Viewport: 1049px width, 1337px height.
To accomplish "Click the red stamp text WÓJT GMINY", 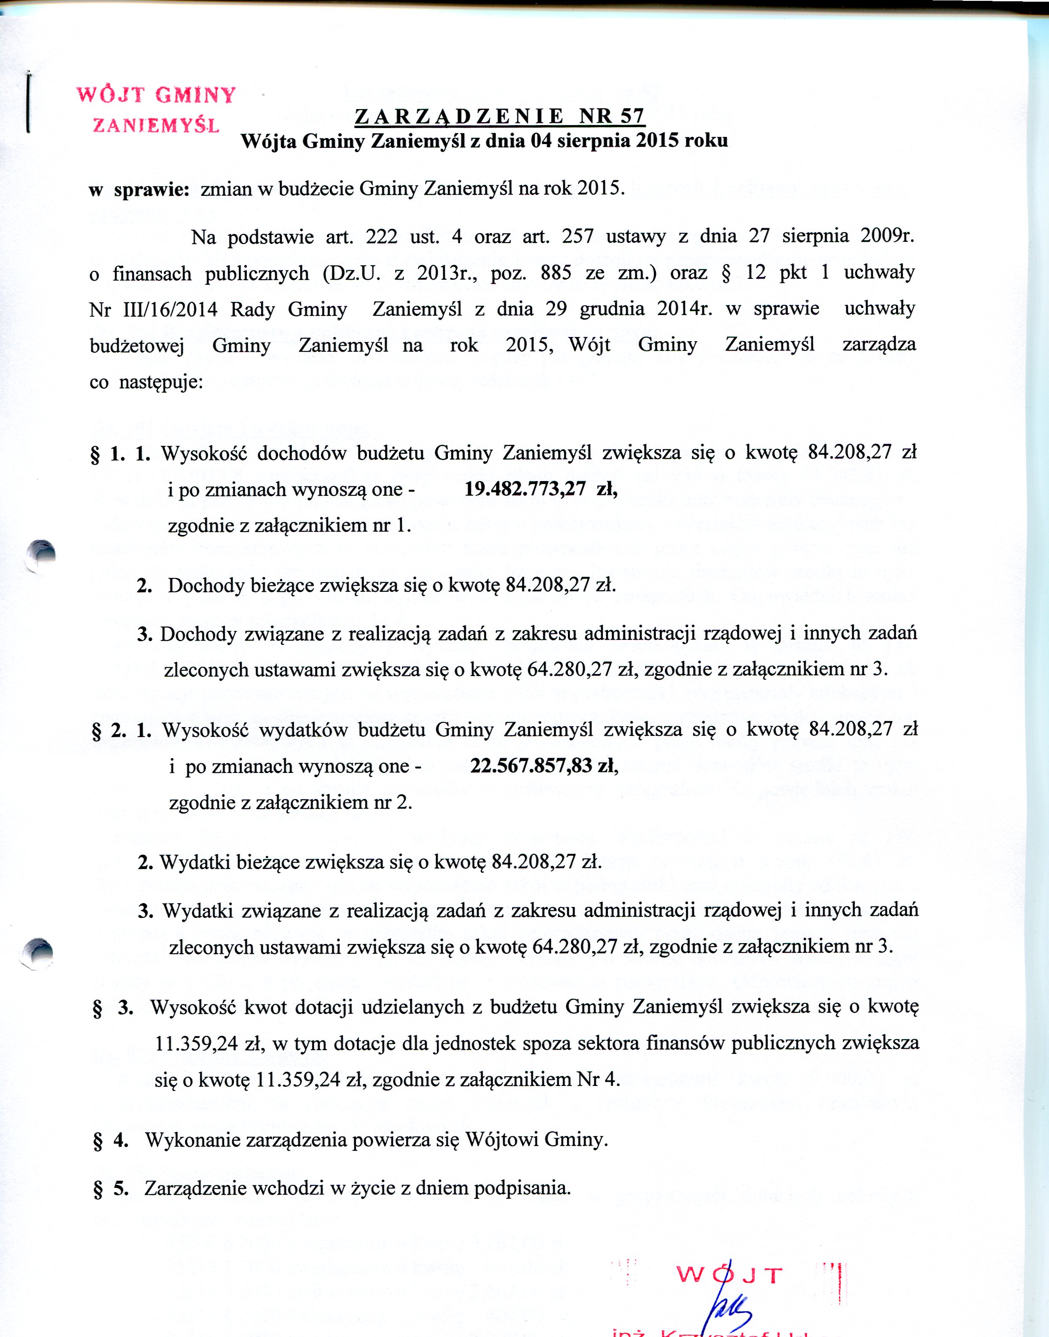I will click(156, 95).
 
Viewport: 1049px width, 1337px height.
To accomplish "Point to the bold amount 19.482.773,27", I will click(525, 489).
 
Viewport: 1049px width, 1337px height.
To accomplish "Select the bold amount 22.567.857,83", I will click(531, 766).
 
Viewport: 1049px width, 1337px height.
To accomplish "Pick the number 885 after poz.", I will click(556, 273).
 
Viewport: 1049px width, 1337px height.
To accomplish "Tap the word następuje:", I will click(161, 382).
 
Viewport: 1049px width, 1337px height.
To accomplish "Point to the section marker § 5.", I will click(110, 1188).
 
